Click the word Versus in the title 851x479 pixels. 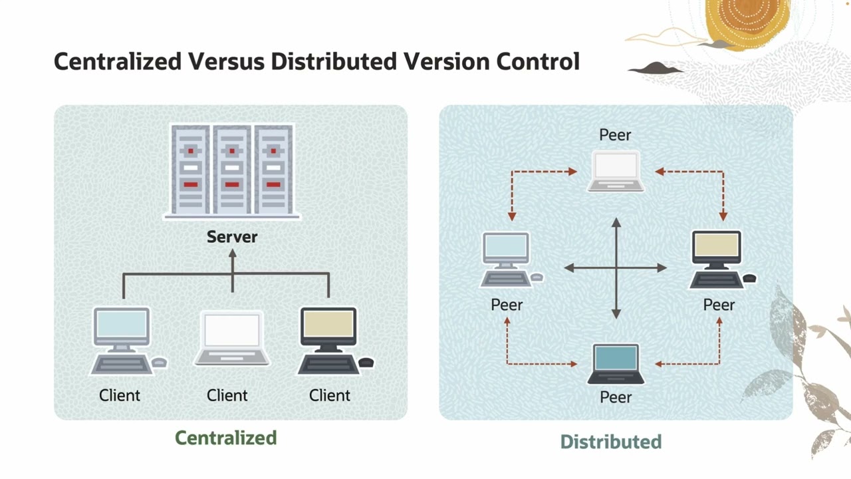coord(227,61)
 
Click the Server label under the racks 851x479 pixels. coord(231,237)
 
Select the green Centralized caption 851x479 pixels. coord(225,438)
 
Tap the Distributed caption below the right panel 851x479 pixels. coord(610,442)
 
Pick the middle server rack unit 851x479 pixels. coord(232,170)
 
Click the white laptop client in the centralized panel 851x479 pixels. coord(231,339)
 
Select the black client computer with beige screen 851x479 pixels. coord(328,339)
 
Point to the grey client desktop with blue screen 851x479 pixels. coord(122,339)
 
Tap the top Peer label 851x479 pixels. coord(615,135)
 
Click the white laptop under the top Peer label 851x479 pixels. coord(616,171)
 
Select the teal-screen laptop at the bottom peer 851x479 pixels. coord(616,364)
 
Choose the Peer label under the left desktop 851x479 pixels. coord(507,305)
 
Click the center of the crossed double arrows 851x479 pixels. coord(616,268)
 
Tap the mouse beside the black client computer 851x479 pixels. coord(366,363)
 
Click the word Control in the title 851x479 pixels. coord(538,61)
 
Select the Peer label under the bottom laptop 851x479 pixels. coord(616,397)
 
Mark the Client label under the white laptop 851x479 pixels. coord(227,395)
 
